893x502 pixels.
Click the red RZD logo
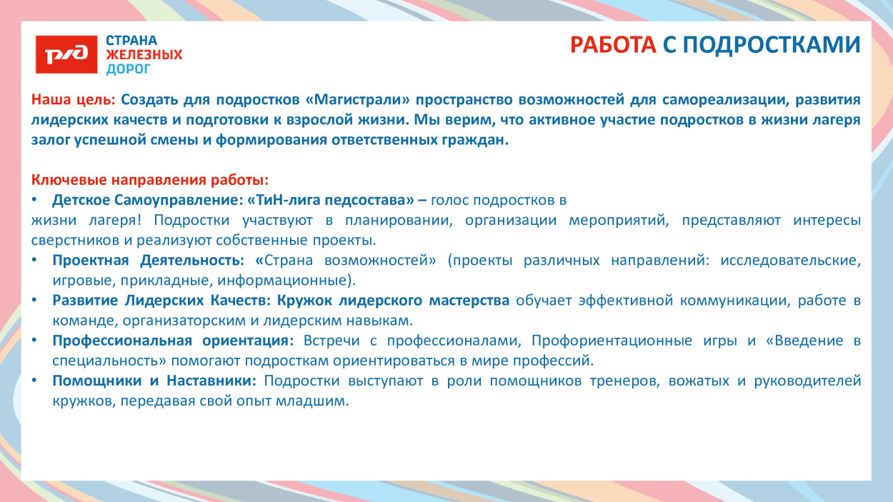click(x=66, y=54)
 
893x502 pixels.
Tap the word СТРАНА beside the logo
click(x=131, y=40)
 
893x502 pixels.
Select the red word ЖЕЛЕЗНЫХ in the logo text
click(x=144, y=54)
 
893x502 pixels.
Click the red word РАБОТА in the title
click(x=613, y=44)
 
